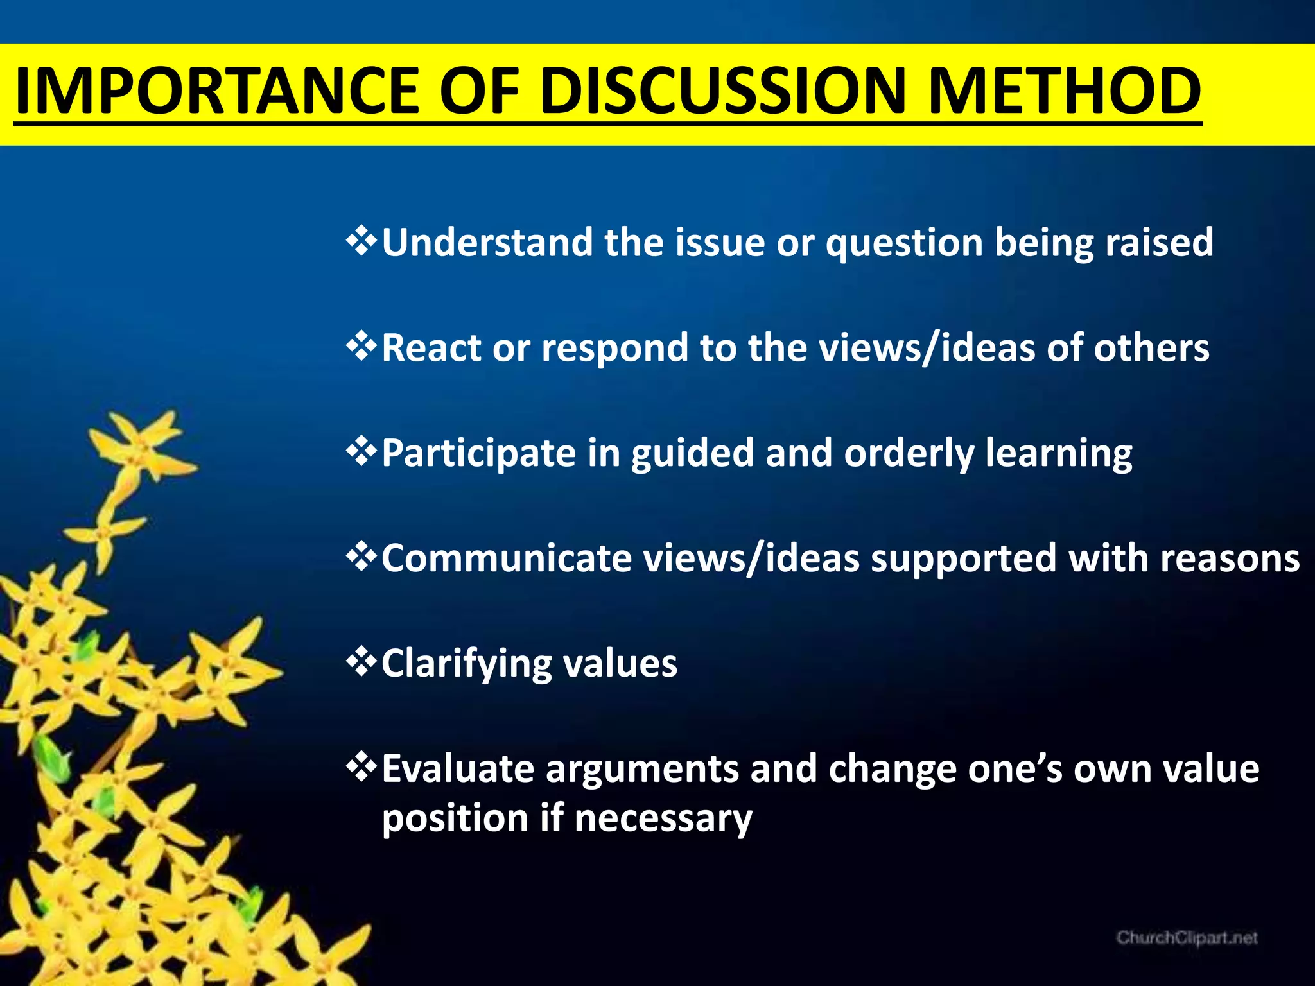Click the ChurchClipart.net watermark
coord(1187,938)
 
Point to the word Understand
coord(487,242)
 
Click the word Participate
coord(478,453)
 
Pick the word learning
coord(1059,453)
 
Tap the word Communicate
coord(507,558)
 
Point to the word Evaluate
coord(457,768)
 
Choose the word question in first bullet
coord(904,243)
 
